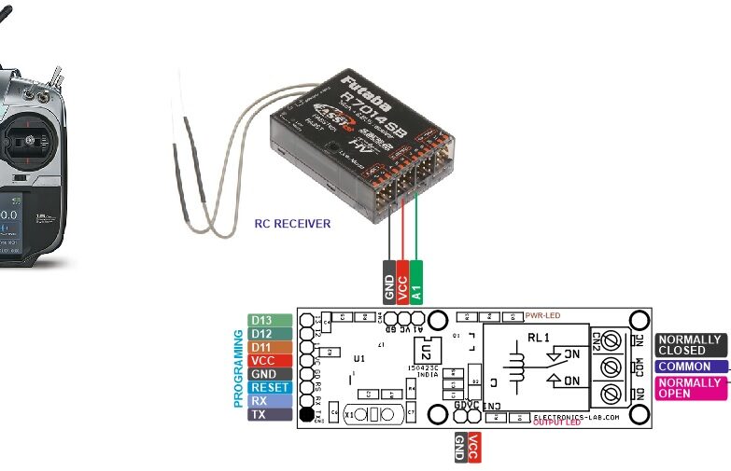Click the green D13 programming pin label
point(270,320)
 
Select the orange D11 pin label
point(270,347)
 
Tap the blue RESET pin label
point(270,387)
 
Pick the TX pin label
point(270,414)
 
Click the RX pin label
point(270,401)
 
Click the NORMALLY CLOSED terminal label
point(689,345)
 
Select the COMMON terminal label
point(689,367)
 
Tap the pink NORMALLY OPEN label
point(689,388)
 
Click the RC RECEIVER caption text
point(292,224)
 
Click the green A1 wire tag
point(416,281)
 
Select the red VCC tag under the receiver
point(402,281)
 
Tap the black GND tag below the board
point(459,448)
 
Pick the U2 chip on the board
point(426,353)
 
